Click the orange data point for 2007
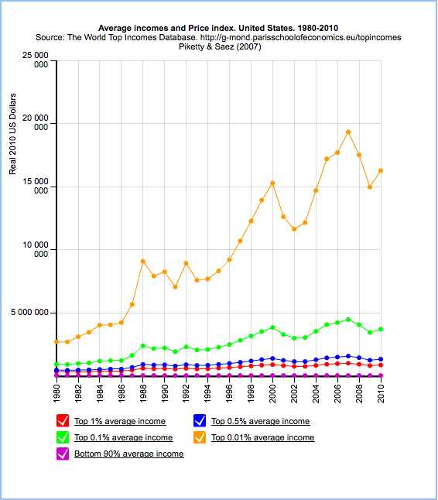(x=348, y=132)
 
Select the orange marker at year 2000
(x=272, y=183)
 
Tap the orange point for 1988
(x=143, y=262)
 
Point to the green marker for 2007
(x=348, y=320)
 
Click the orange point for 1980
(x=56, y=342)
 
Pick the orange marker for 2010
(x=380, y=171)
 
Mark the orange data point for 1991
(x=175, y=287)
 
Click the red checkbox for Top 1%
(x=63, y=420)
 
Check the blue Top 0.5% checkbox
(x=200, y=420)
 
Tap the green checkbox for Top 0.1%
(x=63, y=437)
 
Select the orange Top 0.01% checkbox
(x=200, y=437)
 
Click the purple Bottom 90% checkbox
(x=63, y=454)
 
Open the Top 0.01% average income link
(x=263, y=437)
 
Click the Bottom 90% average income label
(x=129, y=454)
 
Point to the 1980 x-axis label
(x=57, y=394)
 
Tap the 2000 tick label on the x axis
(x=272, y=394)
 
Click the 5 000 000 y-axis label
(x=29, y=312)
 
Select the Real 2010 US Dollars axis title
(x=12, y=134)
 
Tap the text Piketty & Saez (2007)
(x=220, y=47)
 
